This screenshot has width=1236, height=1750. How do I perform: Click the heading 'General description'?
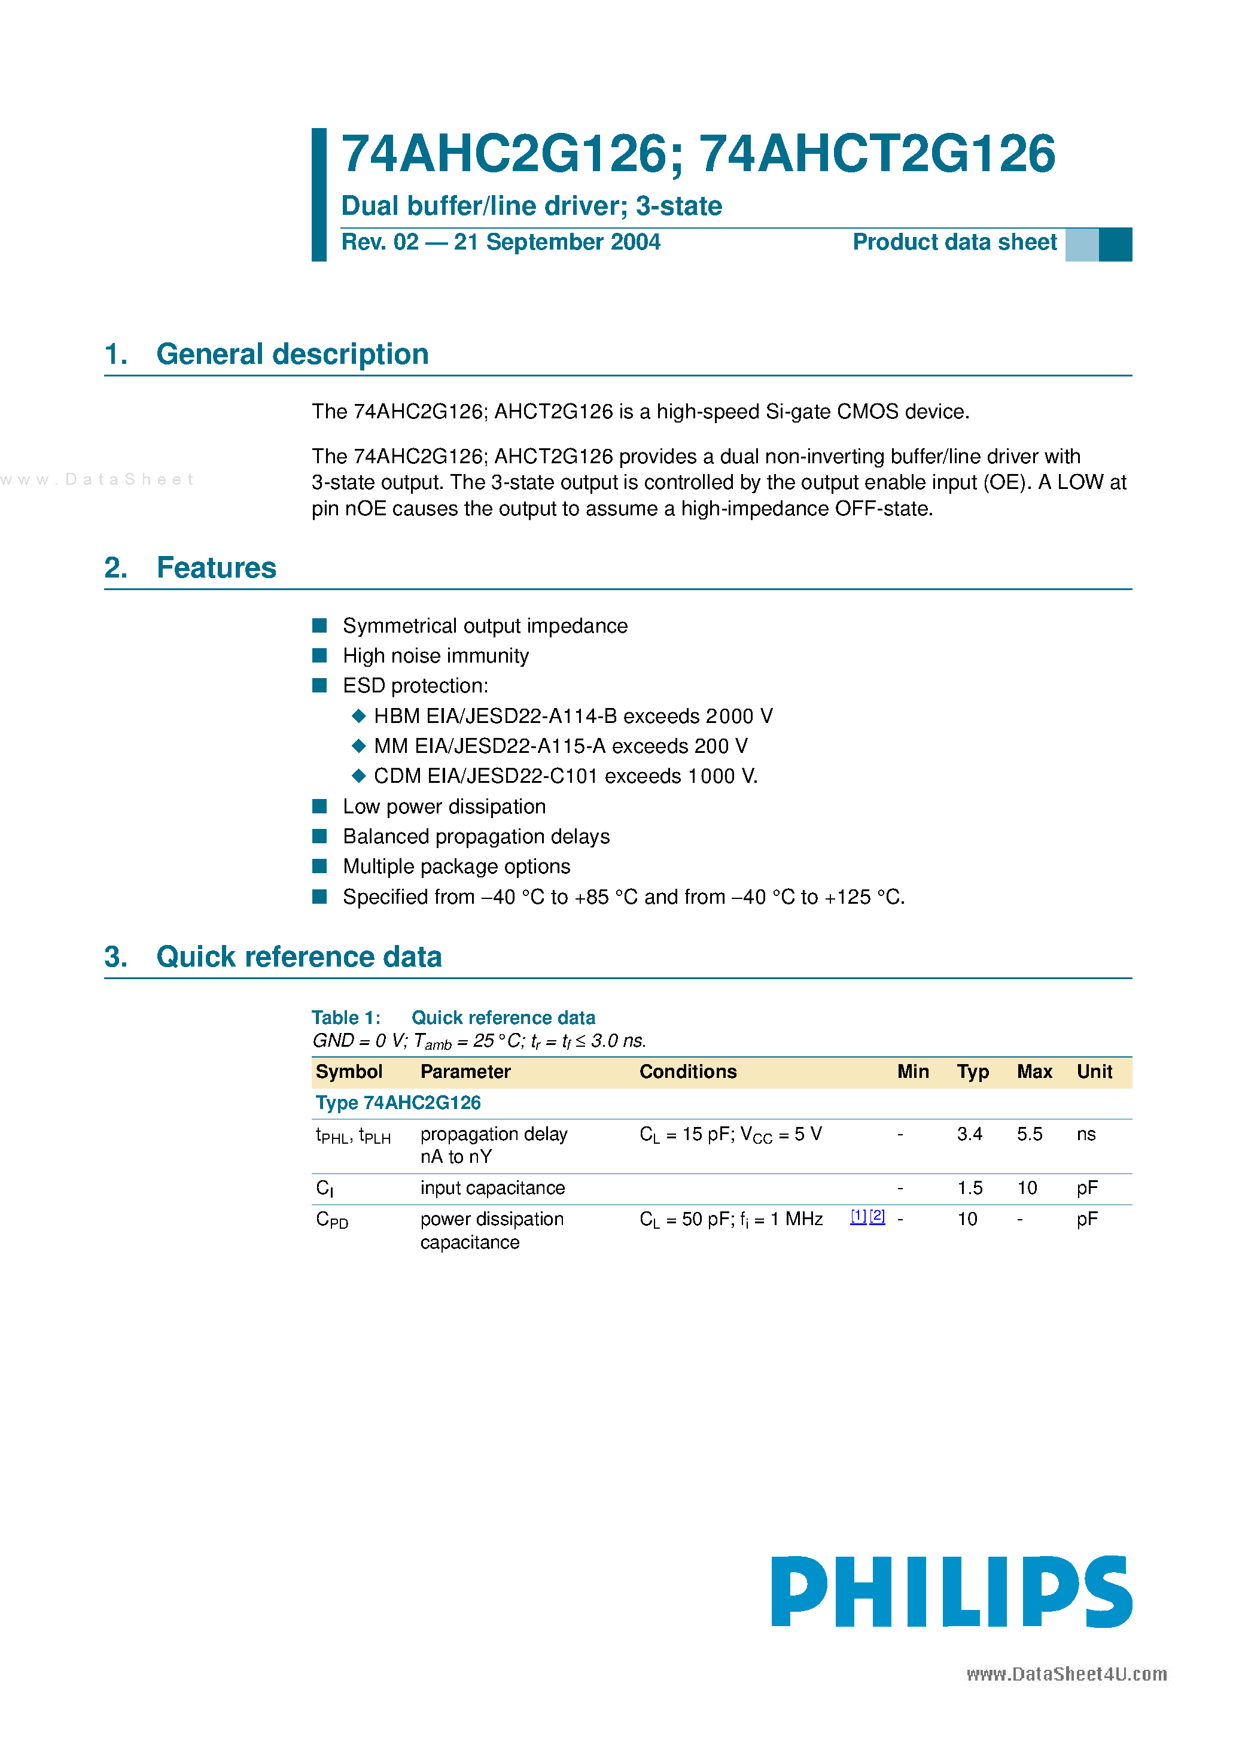pyautogui.click(x=292, y=354)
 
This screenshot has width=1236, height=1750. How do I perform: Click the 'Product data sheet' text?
pyautogui.click(x=954, y=242)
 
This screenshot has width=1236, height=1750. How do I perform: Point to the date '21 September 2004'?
pyautogui.click(x=557, y=242)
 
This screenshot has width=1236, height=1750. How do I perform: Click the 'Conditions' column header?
pyautogui.click(x=687, y=1072)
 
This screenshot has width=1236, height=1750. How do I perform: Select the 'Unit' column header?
pyautogui.click(x=1094, y=1072)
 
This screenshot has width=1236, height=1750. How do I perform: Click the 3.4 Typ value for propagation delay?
pyautogui.click(x=969, y=1134)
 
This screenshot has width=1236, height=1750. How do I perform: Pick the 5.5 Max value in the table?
pyautogui.click(x=1029, y=1134)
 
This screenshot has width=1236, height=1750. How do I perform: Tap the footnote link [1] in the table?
pyautogui.click(x=858, y=1217)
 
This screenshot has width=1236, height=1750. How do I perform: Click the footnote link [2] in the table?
pyautogui.click(x=877, y=1217)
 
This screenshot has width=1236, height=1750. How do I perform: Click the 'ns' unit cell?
pyautogui.click(x=1086, y=1134)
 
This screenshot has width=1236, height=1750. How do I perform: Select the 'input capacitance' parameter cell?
pyautogui.click(x=492, y=1188)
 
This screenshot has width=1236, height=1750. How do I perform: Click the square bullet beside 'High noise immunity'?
pyautogui.click(x=320, y=655)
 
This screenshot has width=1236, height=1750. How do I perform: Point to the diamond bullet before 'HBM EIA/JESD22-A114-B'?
pyautogui.click(x=359, y=716)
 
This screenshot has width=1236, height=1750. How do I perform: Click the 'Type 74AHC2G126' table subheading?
pyautogui.click(x=398, y=1103)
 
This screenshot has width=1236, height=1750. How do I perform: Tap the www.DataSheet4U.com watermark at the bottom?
pyautogui.click(x=1066, y=1674)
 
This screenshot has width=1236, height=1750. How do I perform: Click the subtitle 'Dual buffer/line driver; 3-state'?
pyautogui.click(x=531, y=206)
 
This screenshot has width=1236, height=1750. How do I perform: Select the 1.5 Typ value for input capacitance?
pyautogui.click(x=969, y=1188)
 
